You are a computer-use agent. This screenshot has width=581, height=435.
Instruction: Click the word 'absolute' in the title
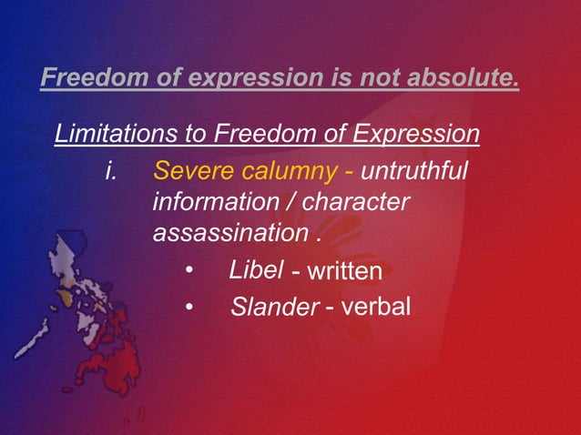pos(465,78)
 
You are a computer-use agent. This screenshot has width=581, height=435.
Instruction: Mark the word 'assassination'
pos(230,233)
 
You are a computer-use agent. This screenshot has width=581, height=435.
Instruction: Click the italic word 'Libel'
pos(256,269)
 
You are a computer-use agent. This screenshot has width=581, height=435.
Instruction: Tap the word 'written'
pos(344,271)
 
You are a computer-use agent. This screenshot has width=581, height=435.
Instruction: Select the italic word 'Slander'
pos(273,308)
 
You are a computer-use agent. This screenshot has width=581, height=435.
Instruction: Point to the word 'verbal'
pos(376,308)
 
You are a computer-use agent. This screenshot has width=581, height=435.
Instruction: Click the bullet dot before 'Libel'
pos(189,271)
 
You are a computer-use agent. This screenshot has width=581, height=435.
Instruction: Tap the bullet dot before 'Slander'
pos(189,309)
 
